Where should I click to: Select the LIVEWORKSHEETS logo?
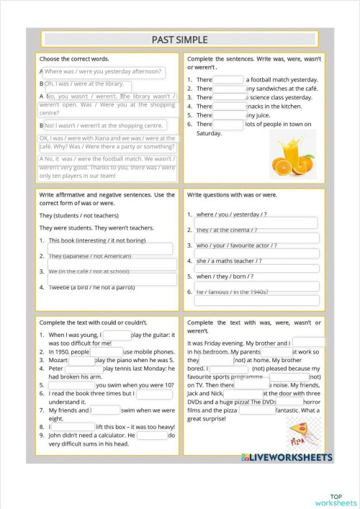pyautogui.click(x=287, y=457)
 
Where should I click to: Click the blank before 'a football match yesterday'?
pyautogui.click(x=229, y=80)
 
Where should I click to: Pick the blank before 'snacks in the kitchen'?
pyautogui.click(x=229, y=106)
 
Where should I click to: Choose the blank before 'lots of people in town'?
pyautogui.click(x=229, y=124)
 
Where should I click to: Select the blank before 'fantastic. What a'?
pyautogui.click(x=256, y=410)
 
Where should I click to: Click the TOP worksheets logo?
pyautogui.click(x=336, y=500)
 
